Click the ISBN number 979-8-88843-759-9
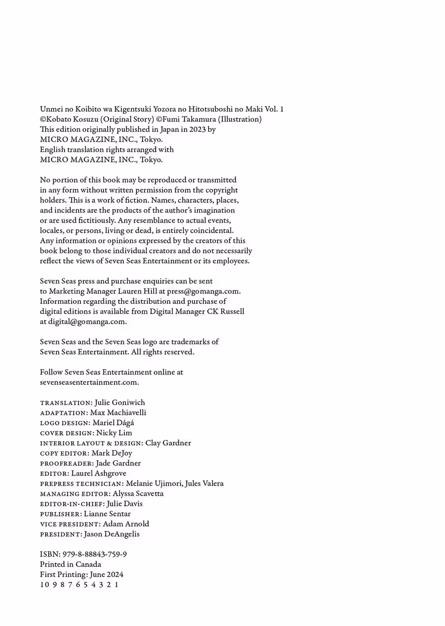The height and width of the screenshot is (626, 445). (x=94, y=554)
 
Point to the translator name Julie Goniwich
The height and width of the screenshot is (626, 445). (x=119, y=402)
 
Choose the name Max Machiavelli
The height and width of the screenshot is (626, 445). (x=118, y=413)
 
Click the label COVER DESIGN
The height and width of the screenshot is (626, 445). (x=66, y=433)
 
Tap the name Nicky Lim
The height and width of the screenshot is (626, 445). (x=114, y=433)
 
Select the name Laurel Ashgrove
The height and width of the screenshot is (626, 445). (x=98, y=473)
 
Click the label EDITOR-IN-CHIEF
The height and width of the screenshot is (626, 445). (x=72, y=504)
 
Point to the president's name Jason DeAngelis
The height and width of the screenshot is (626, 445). (x=112, y=534)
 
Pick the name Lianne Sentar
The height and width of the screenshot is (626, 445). (x=107, y=514)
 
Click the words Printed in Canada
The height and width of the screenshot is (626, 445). (x=70, y=564)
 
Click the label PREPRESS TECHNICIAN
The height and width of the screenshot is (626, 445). (x=81, y=484)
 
